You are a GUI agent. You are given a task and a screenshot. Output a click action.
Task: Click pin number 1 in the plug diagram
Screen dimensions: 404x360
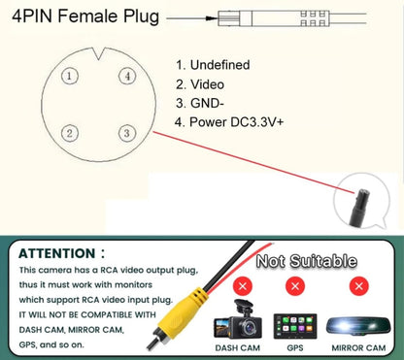pyautogui.click(x=70, y=76)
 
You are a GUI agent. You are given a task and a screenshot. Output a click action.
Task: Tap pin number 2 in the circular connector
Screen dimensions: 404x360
pyautogui.click(x=70, y=133)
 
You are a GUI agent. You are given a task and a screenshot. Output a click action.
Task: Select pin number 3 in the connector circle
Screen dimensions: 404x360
pyautogui.click(x=127, y=133)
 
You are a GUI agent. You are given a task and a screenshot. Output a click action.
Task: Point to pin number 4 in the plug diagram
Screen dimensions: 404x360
pyautogui.click(x=127, y=76)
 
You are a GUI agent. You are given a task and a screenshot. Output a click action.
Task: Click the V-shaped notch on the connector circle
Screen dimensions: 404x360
pyautogui.click(x=99, y=54)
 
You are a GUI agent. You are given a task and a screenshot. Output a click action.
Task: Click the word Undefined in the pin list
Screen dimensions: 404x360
pyautogui.click(x=219, y=65)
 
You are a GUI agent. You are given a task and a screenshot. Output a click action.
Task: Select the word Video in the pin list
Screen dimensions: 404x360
pyautogui.click(x=207, y=84)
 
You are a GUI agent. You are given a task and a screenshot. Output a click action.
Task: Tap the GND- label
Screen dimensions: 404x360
pyautogui.click(x=207, y=104)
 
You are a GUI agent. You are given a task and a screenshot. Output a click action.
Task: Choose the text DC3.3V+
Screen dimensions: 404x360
pyautogui.click(x=256, y=122)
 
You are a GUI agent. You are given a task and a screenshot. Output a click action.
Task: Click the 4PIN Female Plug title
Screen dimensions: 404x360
pyautogui.click(x=85, y=16)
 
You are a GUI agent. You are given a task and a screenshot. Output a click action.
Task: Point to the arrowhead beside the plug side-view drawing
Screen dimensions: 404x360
pyautogui.click(x=212, y=18)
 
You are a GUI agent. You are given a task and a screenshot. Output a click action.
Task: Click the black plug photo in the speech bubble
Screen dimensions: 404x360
pyautogui.click(x=359, y=208)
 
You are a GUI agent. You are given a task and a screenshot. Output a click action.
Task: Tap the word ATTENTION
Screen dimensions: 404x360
pyautogui.click(x=57, y=253)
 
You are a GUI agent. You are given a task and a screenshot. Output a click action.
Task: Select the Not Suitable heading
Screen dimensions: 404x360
pyautogui.click(x=306, y=261)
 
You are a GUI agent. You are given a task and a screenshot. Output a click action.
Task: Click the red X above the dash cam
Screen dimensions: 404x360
pyautogui.click(x=243, y=286)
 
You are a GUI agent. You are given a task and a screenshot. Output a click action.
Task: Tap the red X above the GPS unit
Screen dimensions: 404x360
pyautogui.click(x=295, y=286)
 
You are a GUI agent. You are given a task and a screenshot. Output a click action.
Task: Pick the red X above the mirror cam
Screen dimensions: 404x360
pyautogui.click(x=358, y=286)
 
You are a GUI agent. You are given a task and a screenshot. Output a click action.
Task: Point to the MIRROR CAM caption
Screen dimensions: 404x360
pyautogui.click(x=358, y=348)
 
